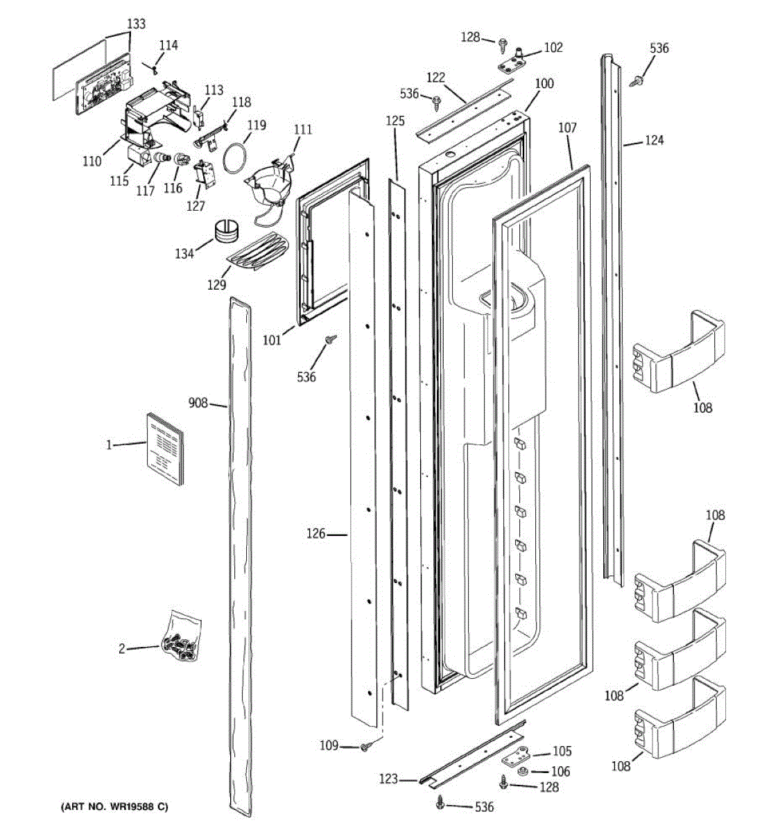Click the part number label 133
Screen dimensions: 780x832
[x=136, y=24]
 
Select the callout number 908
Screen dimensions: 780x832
[x=198, y=403]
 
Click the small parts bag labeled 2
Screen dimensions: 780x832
[x=181, y=639]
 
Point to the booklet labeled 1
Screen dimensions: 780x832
[x=165, y=449]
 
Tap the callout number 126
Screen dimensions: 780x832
[x=315, y=533]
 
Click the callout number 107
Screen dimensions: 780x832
[x=567, y=128]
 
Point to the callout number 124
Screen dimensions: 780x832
[x=654, y=140]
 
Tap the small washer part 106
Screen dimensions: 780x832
[x=522, y=771]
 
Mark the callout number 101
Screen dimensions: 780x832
[x=272, y=340]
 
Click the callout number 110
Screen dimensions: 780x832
[x=92, y=161]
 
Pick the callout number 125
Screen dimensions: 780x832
[x=395, y=121]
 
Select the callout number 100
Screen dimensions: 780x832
[x=544, y=83]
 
